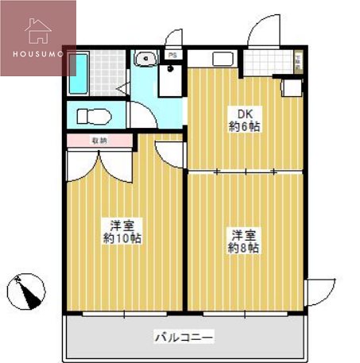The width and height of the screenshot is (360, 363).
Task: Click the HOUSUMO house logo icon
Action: coord(37,30)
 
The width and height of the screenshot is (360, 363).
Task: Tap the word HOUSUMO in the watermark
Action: coord(37,54)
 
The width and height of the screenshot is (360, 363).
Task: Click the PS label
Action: coord(172,54)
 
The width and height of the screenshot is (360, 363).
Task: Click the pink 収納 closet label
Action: coord(99,141)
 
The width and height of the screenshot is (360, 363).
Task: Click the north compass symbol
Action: coord(25,290)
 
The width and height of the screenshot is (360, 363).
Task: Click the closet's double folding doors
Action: coord(100,163)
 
